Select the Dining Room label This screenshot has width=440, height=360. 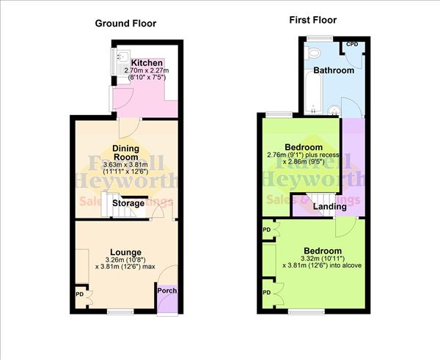(x=125, y=153)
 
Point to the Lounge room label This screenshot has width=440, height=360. (x=125, y=251)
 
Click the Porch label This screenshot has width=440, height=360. (x=167, y=291)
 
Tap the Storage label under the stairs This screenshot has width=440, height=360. (x=128, y=203)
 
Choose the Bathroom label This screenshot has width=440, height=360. (x=334, y=70)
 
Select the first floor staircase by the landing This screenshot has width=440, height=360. (x=300, y=201)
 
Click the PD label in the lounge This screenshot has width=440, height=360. (x=80, y=295)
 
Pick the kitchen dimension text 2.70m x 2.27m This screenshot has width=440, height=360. (x=146, y=70)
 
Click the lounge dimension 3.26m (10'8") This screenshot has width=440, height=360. (x=125, y=260)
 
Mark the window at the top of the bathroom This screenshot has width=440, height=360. (x=320, y=37)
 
